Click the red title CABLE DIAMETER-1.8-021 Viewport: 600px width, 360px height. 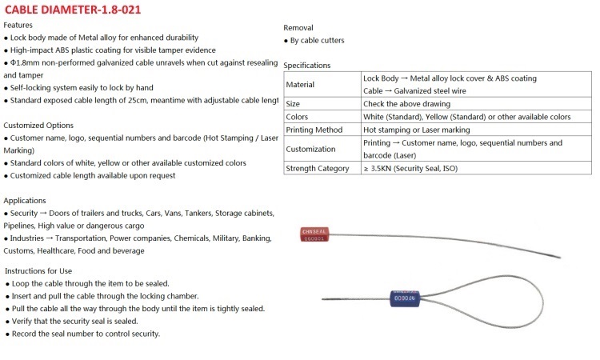coord(73,10)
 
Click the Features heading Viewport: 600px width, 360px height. coord(18,26)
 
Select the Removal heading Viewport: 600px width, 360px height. coord(298,28)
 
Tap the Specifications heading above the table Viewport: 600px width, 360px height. coord(307,66)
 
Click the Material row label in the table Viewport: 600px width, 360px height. coord(300,85)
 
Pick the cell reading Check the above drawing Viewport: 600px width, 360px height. coord(406,104)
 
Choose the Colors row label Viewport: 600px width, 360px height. coord(297,117)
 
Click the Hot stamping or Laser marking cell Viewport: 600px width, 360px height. coord(416,130)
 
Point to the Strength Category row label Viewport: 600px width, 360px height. coord(318,168)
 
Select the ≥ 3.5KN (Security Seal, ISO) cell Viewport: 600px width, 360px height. coord(410,168)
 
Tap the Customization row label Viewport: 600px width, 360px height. coord(310,150)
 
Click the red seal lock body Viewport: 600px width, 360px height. coord(314,234)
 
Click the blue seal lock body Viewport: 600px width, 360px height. coord(405,298)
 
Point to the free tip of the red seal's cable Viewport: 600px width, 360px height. coord(561,258)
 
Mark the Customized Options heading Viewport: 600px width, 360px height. coord(38,126)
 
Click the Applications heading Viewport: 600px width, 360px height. coord(25,201)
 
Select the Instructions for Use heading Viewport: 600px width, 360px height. coord(38,271)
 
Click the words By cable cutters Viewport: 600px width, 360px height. coord(318,41)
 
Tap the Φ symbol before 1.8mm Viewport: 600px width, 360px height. coord(13,62)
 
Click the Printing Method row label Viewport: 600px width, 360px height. coord(314,130)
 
